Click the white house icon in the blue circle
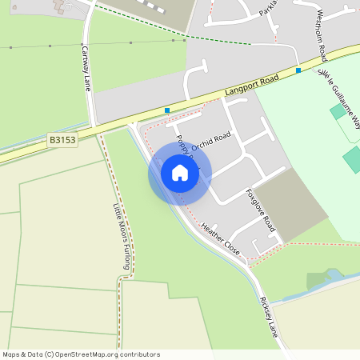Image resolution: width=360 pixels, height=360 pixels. point(180,172)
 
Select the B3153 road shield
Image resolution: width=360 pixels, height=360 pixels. point(62,139)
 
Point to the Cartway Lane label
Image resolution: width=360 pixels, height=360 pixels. point(86,68)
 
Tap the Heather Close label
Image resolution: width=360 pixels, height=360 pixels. point(221,236)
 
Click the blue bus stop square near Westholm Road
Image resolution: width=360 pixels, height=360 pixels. point(298,70)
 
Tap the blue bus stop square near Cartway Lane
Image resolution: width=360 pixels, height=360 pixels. point(167,110)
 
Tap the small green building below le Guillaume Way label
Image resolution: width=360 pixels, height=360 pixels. point(338,111)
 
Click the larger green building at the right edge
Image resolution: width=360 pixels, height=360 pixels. point(353,158)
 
